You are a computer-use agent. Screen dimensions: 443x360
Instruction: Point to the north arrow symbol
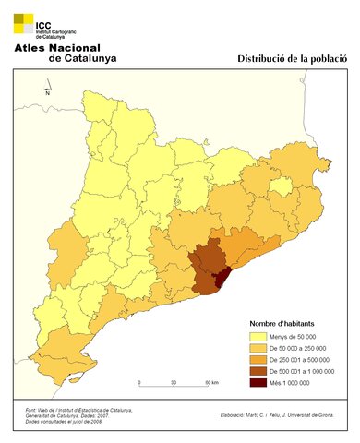(46, 90)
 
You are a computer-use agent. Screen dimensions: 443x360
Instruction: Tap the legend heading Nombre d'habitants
(286, 324)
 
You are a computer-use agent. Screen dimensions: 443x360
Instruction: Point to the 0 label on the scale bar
(139, 382)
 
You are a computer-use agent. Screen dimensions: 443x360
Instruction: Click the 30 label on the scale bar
(174, 382)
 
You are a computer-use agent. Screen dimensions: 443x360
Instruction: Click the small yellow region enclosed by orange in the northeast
(281, 186)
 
